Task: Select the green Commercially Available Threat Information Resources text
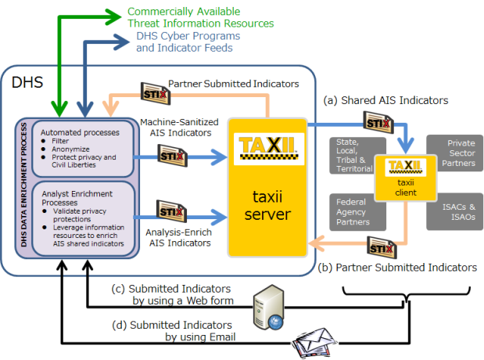click(194, 18)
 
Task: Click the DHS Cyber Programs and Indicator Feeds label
click(184, 41)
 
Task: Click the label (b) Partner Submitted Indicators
click(398, 267)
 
